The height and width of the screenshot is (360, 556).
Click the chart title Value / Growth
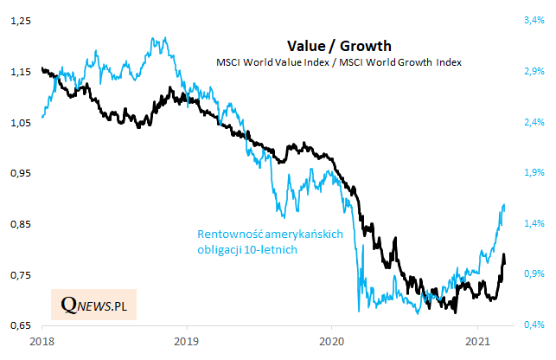(x=339, y=46)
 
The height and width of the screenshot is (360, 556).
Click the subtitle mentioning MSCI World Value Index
(x=339, y=62)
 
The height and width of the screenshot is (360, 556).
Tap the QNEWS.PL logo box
(x=93, y=304)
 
